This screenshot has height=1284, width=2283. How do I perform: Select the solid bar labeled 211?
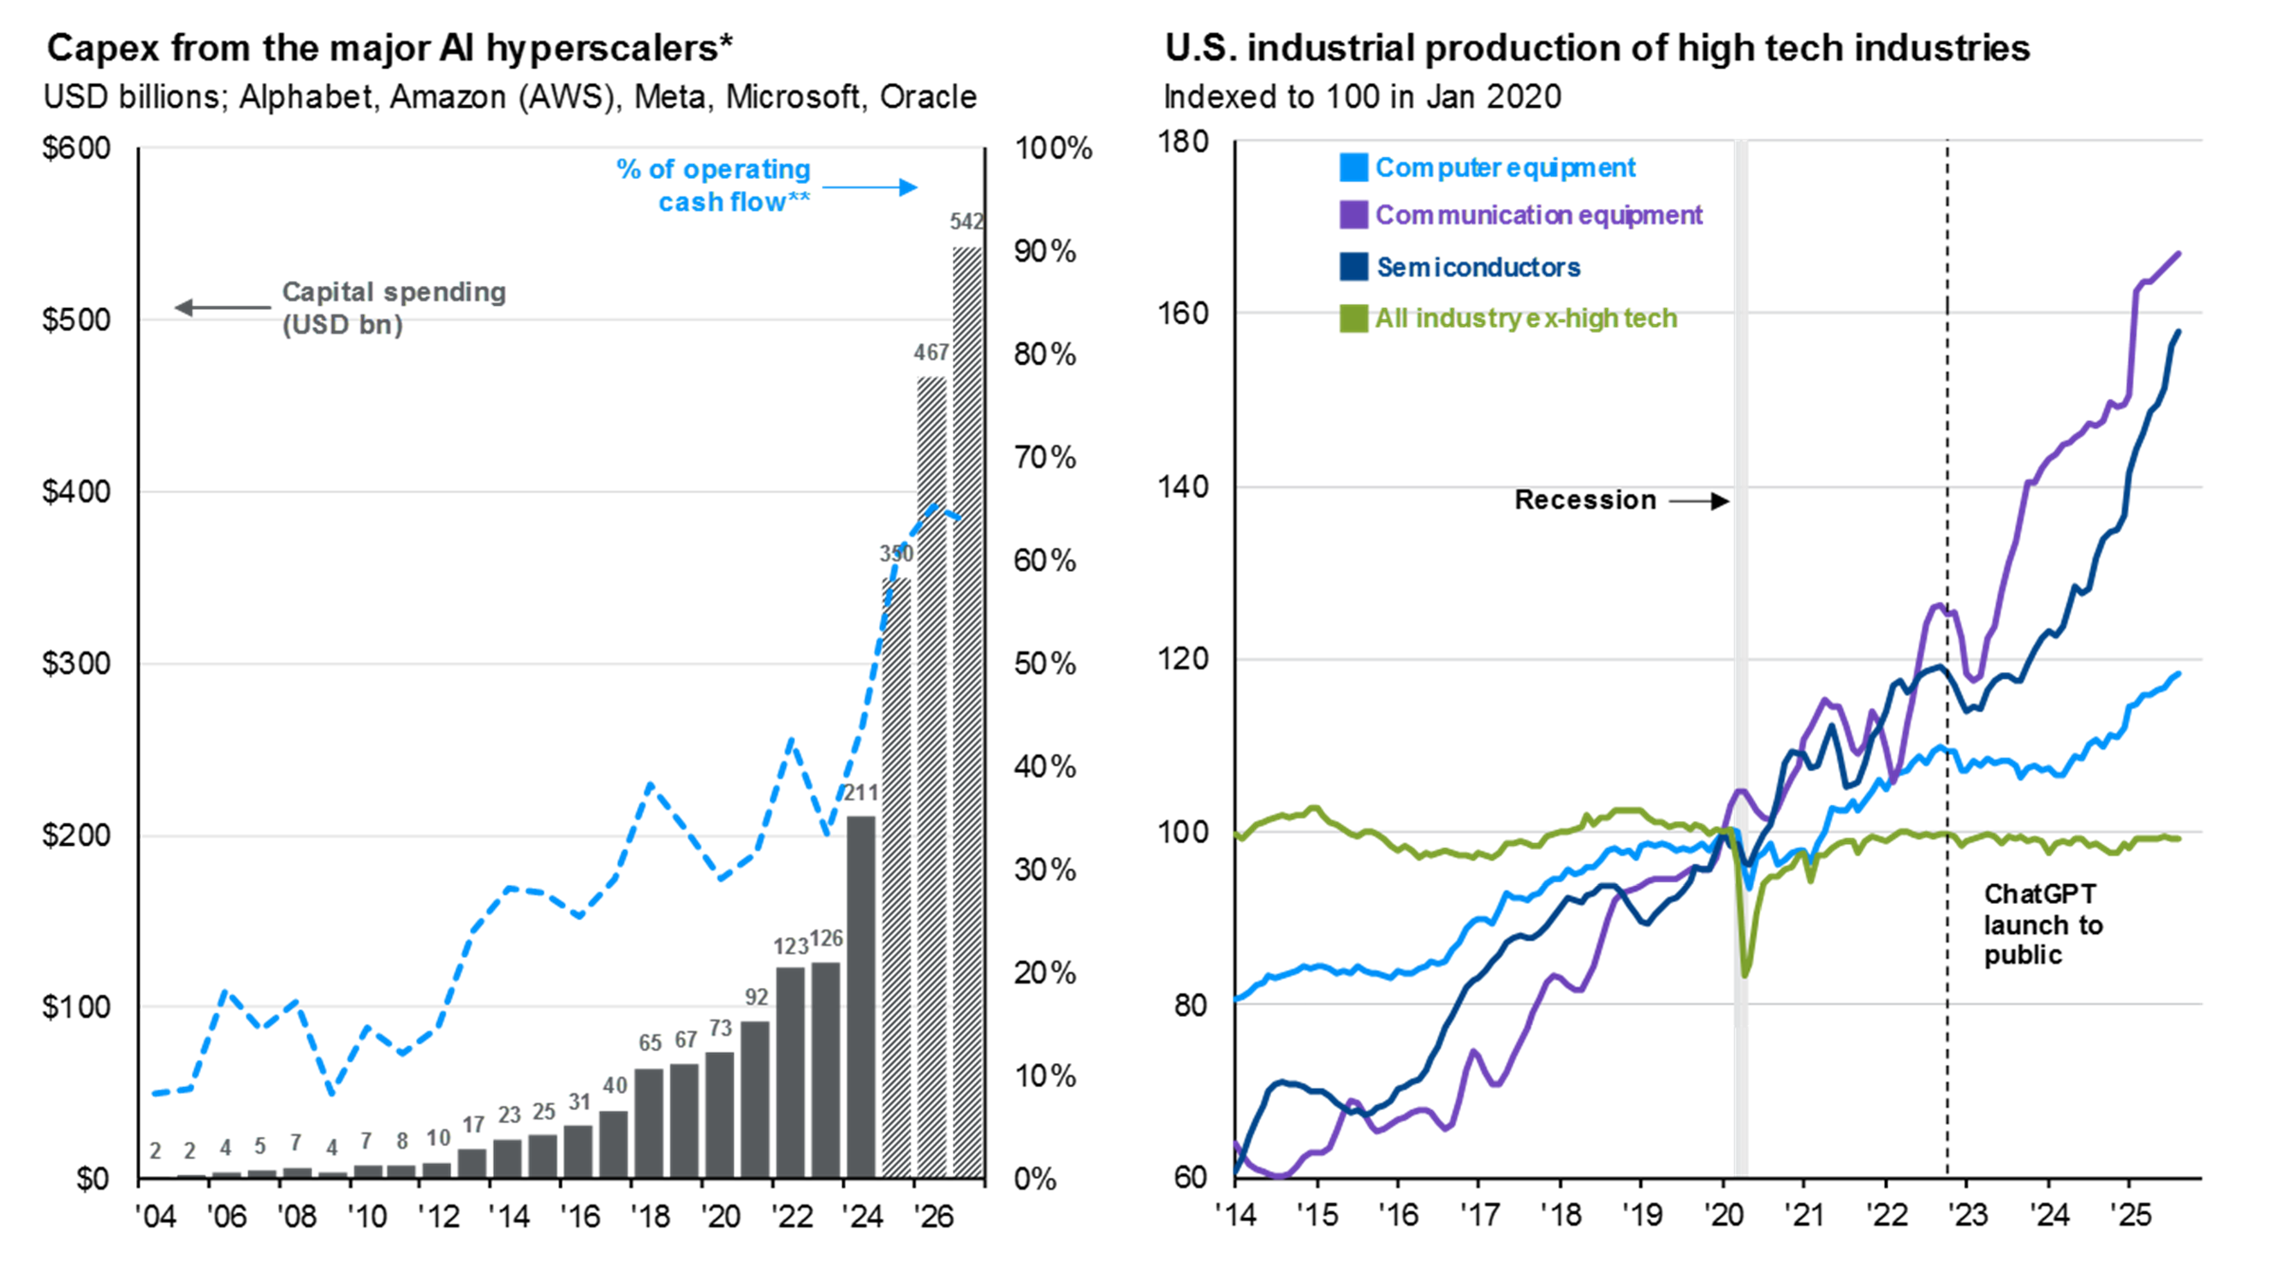click(x=860, y=997)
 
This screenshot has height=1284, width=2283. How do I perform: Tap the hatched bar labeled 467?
click(x=931, y=776)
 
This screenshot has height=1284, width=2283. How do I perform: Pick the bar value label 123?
click(x=789, y=948)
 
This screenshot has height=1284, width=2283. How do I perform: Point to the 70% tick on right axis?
click(x=1045, y=458)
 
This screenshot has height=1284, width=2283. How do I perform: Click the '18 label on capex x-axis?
click(x=650, y=1216)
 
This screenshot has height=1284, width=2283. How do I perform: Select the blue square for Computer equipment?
click(x=1353, y=168)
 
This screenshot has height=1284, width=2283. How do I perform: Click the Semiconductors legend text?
click(x=1477, y=267)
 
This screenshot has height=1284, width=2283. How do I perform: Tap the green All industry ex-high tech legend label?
click(x=1525, y=318)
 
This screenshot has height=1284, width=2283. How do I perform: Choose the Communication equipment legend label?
click(x=1537, y=216)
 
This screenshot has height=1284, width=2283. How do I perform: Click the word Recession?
click(x=1584, y=500)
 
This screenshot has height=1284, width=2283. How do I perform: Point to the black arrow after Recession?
click(x=1699, y=501)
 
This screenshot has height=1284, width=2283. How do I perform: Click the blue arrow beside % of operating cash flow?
click(x=870, y=187)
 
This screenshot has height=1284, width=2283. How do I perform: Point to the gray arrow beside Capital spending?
click(x=223, y=307)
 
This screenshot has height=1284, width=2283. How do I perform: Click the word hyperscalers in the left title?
click(x=602, y=48)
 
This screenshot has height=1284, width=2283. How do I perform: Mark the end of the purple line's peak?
click(x=2179, y=253)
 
